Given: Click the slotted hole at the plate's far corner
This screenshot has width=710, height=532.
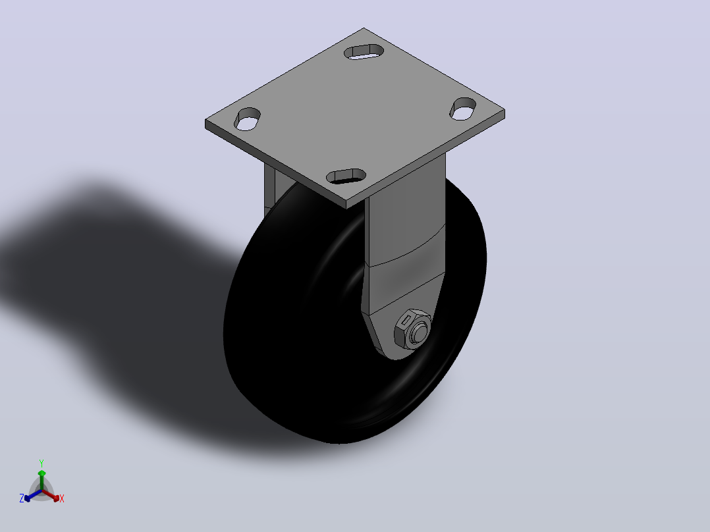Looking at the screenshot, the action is [x=364, y=51].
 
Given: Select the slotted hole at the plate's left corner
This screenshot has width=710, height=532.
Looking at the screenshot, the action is [x=247, y=119].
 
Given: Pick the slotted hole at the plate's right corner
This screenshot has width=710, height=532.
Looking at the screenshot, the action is [x=462, y=109].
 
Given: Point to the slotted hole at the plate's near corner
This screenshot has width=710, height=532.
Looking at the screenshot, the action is [x=346, y=176].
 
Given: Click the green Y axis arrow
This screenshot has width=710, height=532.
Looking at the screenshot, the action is [x=41, y=479].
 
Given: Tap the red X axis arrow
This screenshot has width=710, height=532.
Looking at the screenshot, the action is [x=51, y=495].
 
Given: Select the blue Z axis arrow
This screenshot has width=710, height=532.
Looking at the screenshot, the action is [x=33, y=495].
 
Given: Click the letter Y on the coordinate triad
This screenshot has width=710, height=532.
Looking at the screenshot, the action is [x=41, y=463].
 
